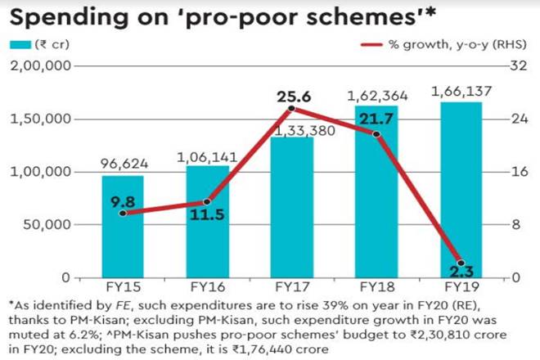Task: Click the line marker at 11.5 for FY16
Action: tap(207, 201)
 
